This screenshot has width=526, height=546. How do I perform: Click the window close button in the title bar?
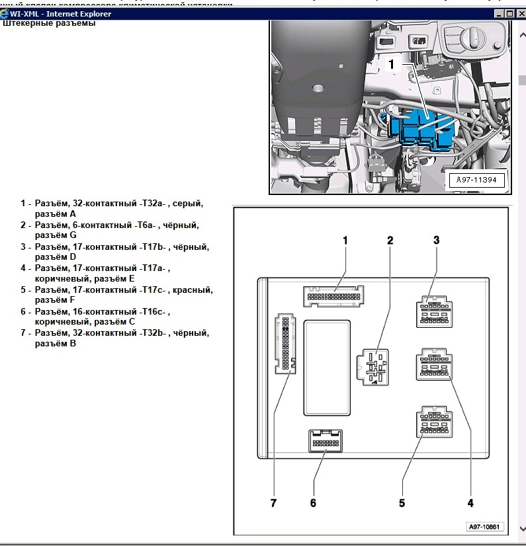tap(520, 13)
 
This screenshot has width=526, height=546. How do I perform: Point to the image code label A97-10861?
tap(484, 527)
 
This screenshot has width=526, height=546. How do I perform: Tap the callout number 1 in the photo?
tap(391, 65)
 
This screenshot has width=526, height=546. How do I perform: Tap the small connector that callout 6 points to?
tap(326, 440)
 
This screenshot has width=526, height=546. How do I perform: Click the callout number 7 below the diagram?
tap(273, 503)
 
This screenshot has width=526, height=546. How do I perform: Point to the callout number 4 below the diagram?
tap(470, 503)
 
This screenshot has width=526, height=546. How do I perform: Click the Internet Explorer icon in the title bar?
tap(5, 13)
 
